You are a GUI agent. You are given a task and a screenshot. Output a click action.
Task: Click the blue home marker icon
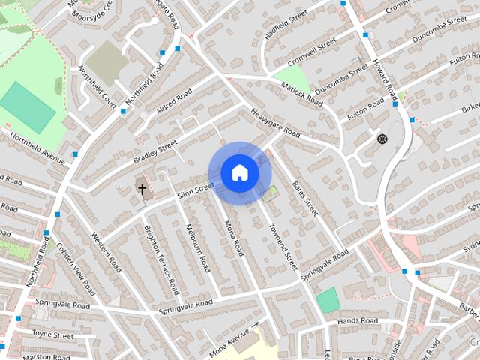click(240, 172)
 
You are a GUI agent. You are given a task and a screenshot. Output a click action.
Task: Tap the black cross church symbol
click(142, 188)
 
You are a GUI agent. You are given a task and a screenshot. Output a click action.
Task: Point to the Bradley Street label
click(154, 145)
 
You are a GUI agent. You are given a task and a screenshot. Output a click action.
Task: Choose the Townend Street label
click(283, 250)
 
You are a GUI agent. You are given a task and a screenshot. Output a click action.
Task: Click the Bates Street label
click(307, 197)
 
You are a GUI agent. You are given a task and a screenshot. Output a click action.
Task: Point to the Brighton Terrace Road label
click(162, 259)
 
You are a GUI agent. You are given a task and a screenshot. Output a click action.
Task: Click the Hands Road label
click(358, 321)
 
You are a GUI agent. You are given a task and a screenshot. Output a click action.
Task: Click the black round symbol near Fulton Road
click(382, 138)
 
